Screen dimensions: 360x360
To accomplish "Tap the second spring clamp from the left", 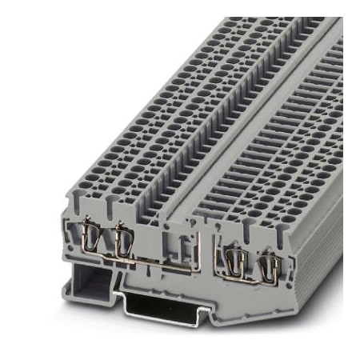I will [x=122, y=240].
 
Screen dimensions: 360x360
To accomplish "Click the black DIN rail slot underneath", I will [x=163, y=306].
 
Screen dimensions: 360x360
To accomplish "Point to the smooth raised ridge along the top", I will [x=264, y=112].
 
